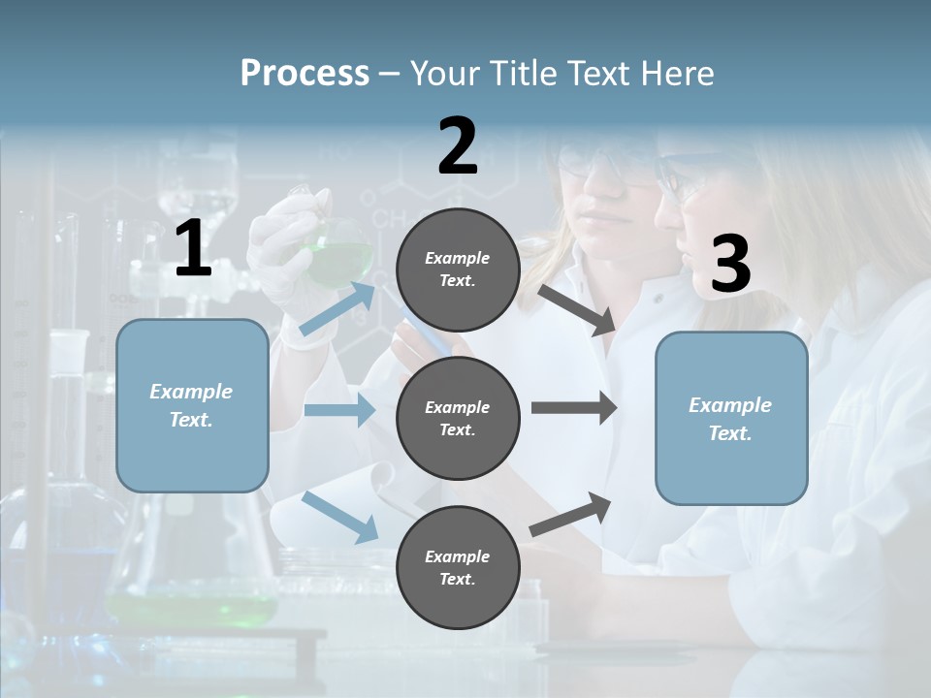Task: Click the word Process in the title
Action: click(x=305, y=73)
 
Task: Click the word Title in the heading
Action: click(x=524, y=74)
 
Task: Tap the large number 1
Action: click(x=193, y=249)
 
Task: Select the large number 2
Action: click(x=458, y=146)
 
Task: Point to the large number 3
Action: click(x=730, y=264)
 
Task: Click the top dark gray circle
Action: click(x=458, y=270)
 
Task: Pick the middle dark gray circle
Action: click(x=458, y=418)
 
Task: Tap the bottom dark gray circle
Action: click(x=458, y=567)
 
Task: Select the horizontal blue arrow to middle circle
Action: click(x=339, y=410)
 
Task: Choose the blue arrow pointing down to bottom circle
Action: click(x=340, y=517)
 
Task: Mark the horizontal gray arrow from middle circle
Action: click(x=573, y=408)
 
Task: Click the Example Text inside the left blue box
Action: click(x=191, y=405)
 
